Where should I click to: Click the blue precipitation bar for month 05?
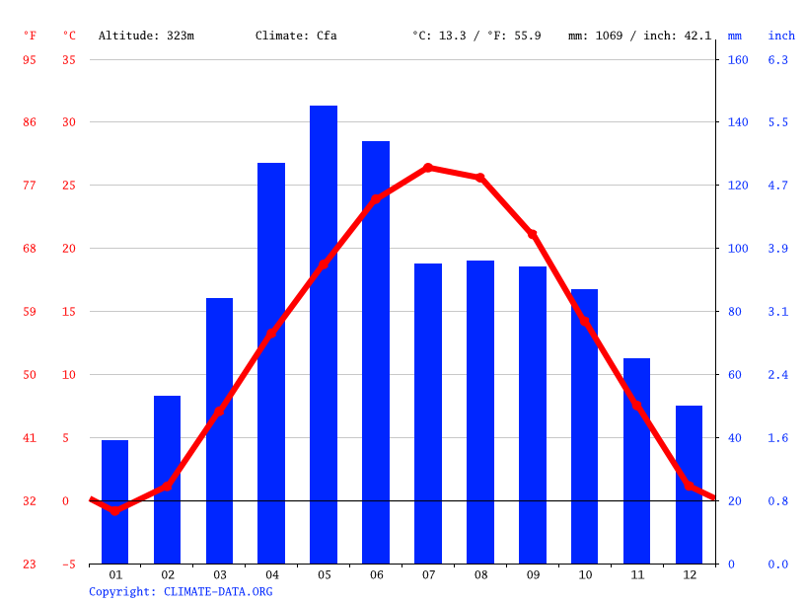[x=324, y=335]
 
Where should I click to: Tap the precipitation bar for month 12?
[x=689, y=485]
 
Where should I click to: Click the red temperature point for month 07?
[x=428, y=168]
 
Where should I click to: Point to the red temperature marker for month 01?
[x=115, y=510]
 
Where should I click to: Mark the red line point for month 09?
[x=533, y=234]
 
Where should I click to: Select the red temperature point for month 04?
[x=271, y=334]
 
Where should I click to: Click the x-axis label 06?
[x=376, y=574]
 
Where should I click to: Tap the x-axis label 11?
[x=637, y=574]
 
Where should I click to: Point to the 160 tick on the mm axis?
[x=738, y=60]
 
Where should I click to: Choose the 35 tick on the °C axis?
[x=68, y=60]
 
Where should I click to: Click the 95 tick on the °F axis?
[x=30, y=60]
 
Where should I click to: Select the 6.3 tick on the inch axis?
[x=778, y=60]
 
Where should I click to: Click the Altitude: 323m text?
[x=146, y=36]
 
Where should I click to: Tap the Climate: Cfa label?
[x=296, y=36]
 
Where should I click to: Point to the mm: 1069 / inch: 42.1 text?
[x=639, y=36]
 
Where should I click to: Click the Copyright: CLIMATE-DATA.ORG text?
[x=181, y=592]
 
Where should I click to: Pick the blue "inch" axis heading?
[x=781, y=36]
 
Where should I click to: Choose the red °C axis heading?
[x=69, y=36]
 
